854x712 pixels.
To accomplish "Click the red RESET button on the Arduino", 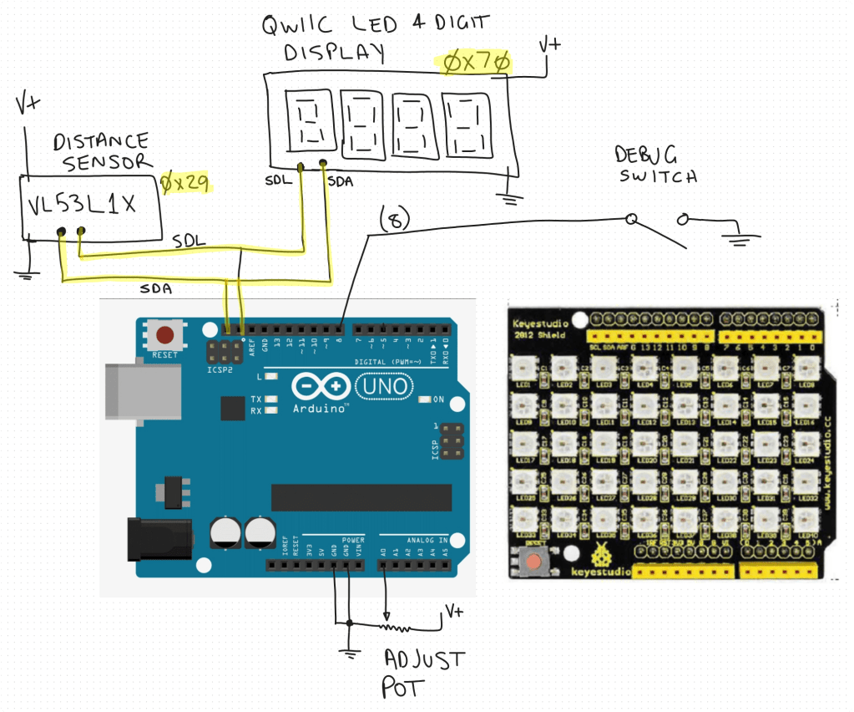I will pos(165,336).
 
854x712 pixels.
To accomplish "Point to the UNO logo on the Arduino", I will pos(383,385).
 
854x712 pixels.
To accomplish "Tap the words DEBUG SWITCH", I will pos(655,165).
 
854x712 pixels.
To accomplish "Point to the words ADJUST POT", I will pos(422,673).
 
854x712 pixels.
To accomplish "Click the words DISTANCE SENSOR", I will pos(100,151).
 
